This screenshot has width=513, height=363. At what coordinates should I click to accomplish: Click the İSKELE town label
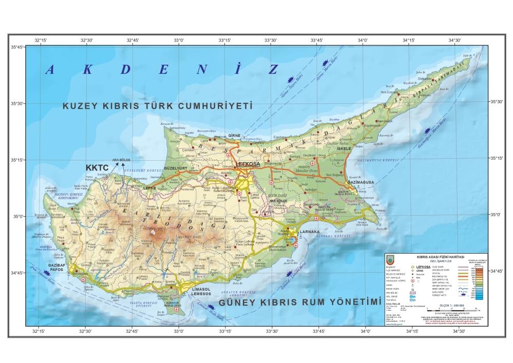(343, 148)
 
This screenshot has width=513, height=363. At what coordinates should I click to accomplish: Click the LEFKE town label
(149, 188)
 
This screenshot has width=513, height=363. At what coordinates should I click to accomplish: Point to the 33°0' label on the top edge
(178, 40)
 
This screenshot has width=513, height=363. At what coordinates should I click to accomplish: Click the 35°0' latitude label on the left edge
(18, 216)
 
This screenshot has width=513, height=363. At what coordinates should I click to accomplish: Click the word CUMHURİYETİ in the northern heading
(216, 106)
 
